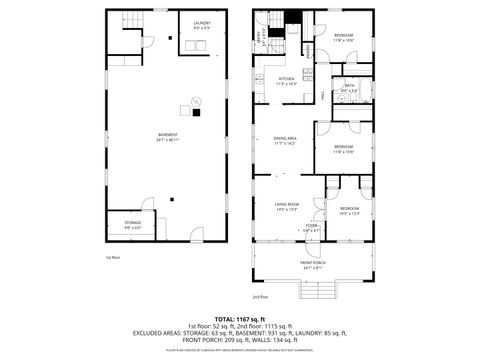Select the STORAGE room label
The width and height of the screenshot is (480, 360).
click(133, 224)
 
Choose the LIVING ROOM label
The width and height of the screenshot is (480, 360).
click(288, 207)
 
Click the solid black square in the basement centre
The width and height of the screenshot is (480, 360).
click(197, 112)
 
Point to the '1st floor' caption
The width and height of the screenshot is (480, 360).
click(113, 257)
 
